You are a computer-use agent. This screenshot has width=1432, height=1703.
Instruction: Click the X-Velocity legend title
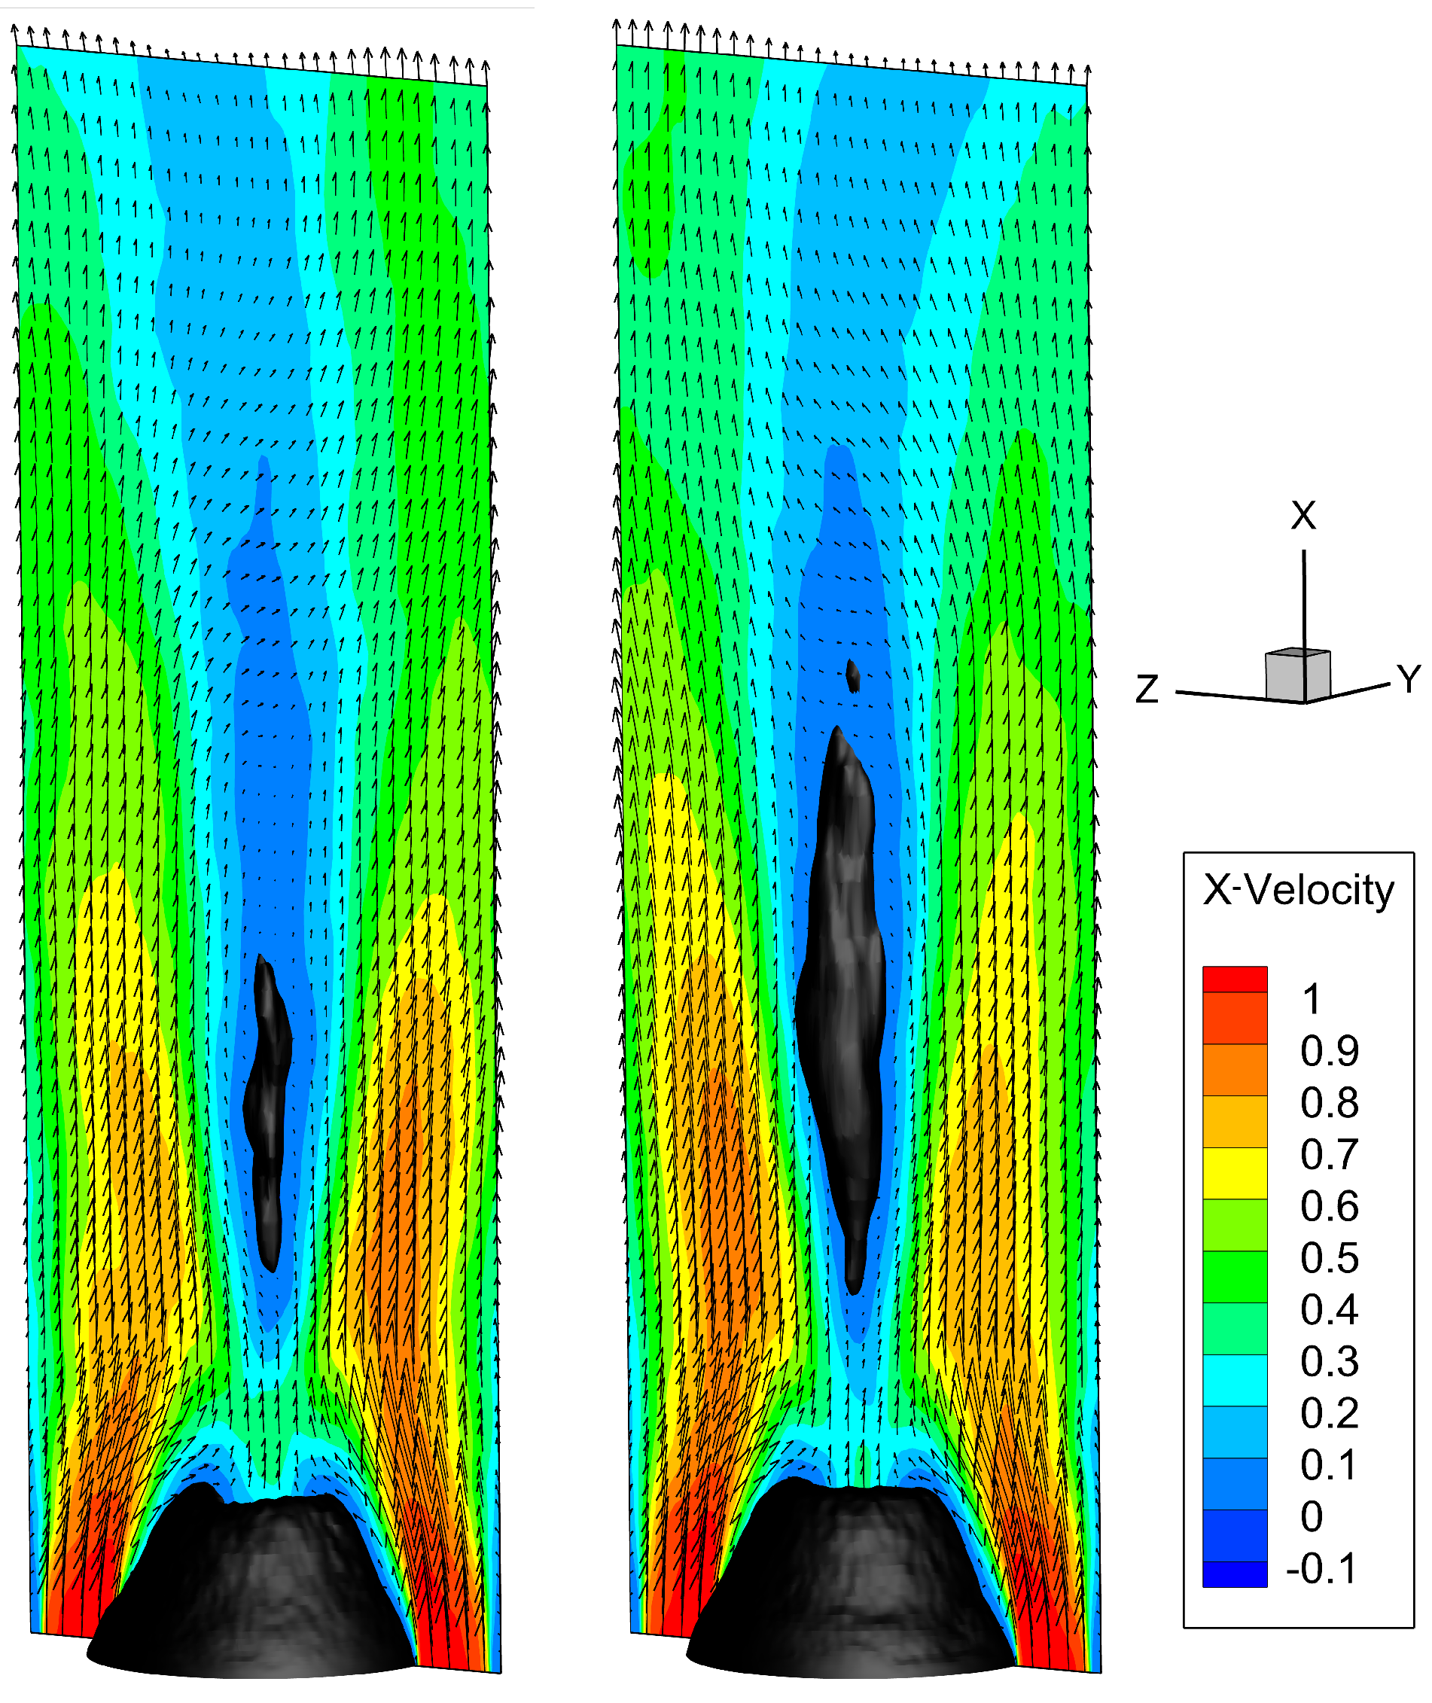tap(1297, 891)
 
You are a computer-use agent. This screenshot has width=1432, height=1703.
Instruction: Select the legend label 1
tap(1311, 999)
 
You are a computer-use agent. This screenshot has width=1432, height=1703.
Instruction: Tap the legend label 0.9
tap(1329, 1051)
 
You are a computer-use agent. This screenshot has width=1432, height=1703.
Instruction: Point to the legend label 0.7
tap(1329, 1155)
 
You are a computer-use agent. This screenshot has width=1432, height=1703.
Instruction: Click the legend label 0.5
tap(1329, 1258)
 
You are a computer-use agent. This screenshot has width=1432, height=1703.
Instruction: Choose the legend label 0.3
tap(1329, 1361)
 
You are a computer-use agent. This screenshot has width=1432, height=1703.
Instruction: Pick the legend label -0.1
tap(1321, 1568)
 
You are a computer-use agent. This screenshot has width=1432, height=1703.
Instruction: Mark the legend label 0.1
tap(1329, 1465)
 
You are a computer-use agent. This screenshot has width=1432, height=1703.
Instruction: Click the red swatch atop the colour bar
tap(1234, 979)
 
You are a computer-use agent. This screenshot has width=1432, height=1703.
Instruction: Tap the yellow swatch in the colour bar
tap(1234, 1173)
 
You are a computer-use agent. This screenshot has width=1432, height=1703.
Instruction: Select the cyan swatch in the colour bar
tap(1234, 1380)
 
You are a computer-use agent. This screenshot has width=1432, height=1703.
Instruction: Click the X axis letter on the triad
tap(1303, 516)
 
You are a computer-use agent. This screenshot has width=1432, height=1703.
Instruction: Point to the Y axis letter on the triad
tap(1409, 678)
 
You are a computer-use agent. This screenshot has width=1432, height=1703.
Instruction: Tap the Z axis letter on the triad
tap(1146, 690)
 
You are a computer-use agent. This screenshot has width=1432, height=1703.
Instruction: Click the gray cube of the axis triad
tap(1297, 675)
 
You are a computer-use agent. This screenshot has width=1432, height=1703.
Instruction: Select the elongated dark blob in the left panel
tap(267, 1112)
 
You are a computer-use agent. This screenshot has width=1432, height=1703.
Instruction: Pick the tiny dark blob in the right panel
tap(852, 675)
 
